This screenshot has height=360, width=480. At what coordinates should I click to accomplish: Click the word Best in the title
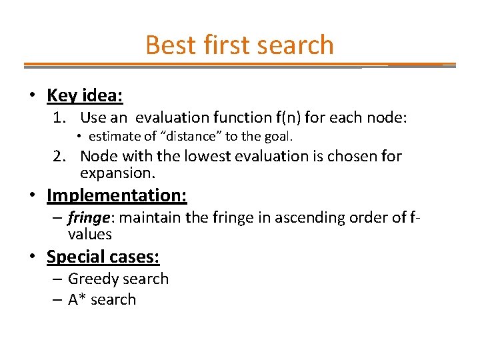tap(163, 45)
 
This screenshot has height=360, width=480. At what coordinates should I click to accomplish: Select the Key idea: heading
tap(85, 95)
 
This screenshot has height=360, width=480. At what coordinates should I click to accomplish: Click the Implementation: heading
tap(117, 195)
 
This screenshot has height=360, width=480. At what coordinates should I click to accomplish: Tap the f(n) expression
tap(287, 118)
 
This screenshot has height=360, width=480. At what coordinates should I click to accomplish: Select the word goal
tap(279, 137)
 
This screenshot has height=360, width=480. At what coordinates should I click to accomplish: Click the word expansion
tap(117, 174)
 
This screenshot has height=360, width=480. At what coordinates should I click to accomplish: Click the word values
tap(89, 234)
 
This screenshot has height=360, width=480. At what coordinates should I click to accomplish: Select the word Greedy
tap(93, 279)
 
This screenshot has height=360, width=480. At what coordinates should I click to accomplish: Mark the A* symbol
tap(77, 299)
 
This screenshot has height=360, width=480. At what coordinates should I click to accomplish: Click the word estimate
tap(112, 137)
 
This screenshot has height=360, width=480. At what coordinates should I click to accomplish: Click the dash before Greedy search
tap(57, 279)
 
